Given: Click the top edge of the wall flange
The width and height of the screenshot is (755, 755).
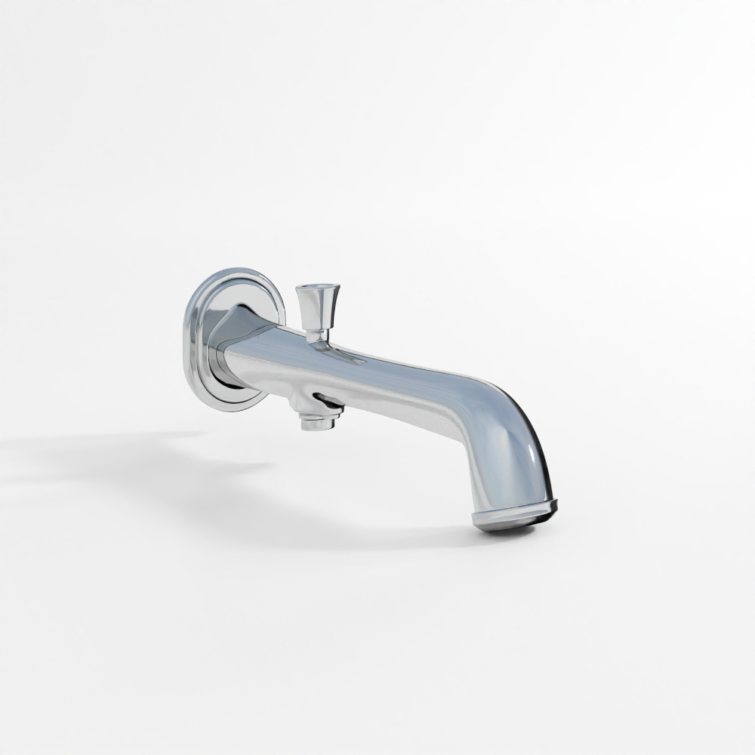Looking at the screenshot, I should tap(234, 270).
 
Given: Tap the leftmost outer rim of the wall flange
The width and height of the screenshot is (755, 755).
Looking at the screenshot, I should tap(185, 340).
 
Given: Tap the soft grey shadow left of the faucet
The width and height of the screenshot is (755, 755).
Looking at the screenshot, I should tap(113, 461).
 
